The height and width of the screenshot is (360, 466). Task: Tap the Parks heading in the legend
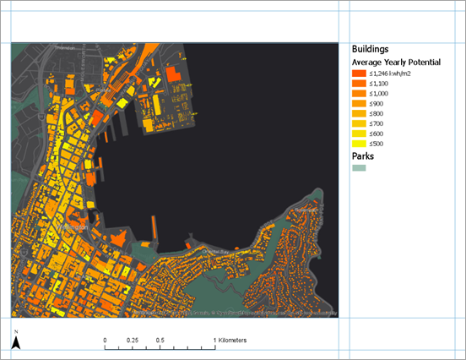click(364, 156)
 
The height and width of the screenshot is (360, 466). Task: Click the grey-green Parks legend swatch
click(360, 169)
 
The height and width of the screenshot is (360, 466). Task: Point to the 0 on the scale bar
click(106, 340)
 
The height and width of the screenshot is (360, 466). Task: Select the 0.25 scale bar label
click(133, 340)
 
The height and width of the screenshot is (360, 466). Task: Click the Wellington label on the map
click(73, 228)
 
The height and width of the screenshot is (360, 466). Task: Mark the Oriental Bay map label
click(217, 251)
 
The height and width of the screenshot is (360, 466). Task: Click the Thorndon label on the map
click(41, 48)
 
